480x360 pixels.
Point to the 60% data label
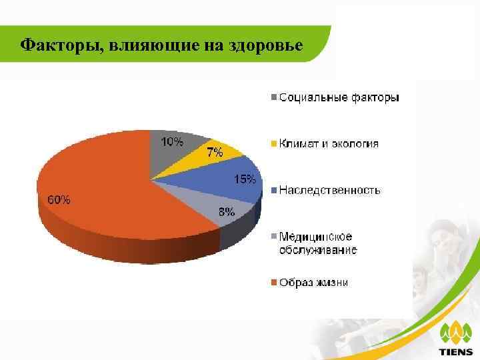[59, 199]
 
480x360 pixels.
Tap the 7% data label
[214, 152]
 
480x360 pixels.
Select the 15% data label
[243, 179]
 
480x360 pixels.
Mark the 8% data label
[227, 213]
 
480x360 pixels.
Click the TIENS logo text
[456, 351]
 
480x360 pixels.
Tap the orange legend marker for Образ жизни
[274, 283]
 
